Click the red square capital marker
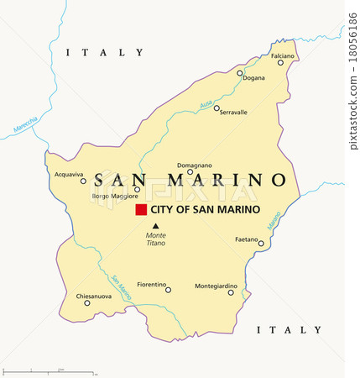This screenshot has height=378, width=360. pos(141,210)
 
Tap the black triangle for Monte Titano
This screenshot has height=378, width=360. pos(154,225)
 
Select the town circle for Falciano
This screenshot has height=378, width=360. pos(281,63)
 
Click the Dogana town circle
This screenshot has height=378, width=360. pos(239,73)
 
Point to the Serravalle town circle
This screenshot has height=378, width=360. pos(217,108)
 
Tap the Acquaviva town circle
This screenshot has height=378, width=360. pos(83,181)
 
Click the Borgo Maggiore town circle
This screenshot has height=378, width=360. pos(137,189)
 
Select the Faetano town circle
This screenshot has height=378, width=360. pos(261,244)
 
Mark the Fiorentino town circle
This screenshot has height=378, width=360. pos(168,290)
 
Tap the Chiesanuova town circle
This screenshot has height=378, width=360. pos(86,302)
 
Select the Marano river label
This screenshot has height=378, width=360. pos(274,220)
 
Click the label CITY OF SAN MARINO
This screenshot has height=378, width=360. pos(205,210)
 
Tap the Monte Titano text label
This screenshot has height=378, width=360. pos(155,239)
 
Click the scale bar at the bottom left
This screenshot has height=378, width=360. pos(50,370)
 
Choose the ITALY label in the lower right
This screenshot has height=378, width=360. pos(289,330)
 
